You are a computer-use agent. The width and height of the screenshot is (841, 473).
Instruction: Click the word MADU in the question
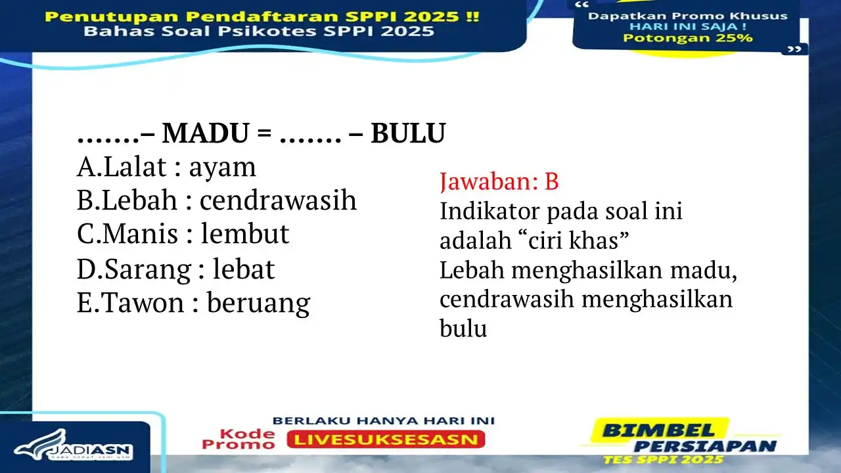tap(204, 134)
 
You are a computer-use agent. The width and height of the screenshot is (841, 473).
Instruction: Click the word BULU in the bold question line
tap(408, 134)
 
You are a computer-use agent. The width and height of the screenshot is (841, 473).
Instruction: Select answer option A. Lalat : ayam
tap(166, 168)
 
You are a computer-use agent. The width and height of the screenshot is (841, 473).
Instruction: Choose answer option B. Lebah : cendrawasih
tap(217, 200)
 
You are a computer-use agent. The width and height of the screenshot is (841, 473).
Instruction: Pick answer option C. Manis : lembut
tap(183, 235)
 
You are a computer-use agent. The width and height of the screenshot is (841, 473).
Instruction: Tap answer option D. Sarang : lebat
tap(175, 269)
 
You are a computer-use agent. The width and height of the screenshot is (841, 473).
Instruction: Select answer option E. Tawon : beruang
tap(193, 303)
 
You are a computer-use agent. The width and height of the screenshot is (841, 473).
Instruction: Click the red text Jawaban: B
tap(499, 182)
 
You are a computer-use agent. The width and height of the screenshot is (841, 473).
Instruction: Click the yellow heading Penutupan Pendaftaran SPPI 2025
tap(262, 16)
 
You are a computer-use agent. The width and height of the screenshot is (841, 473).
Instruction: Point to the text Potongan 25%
tap(687, 38)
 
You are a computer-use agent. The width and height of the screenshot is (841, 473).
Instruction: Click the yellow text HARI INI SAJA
tap(687, 27)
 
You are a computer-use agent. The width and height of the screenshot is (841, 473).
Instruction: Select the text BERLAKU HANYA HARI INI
tap(384, 420)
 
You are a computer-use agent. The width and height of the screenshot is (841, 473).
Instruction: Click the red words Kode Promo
tap(239, 439)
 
